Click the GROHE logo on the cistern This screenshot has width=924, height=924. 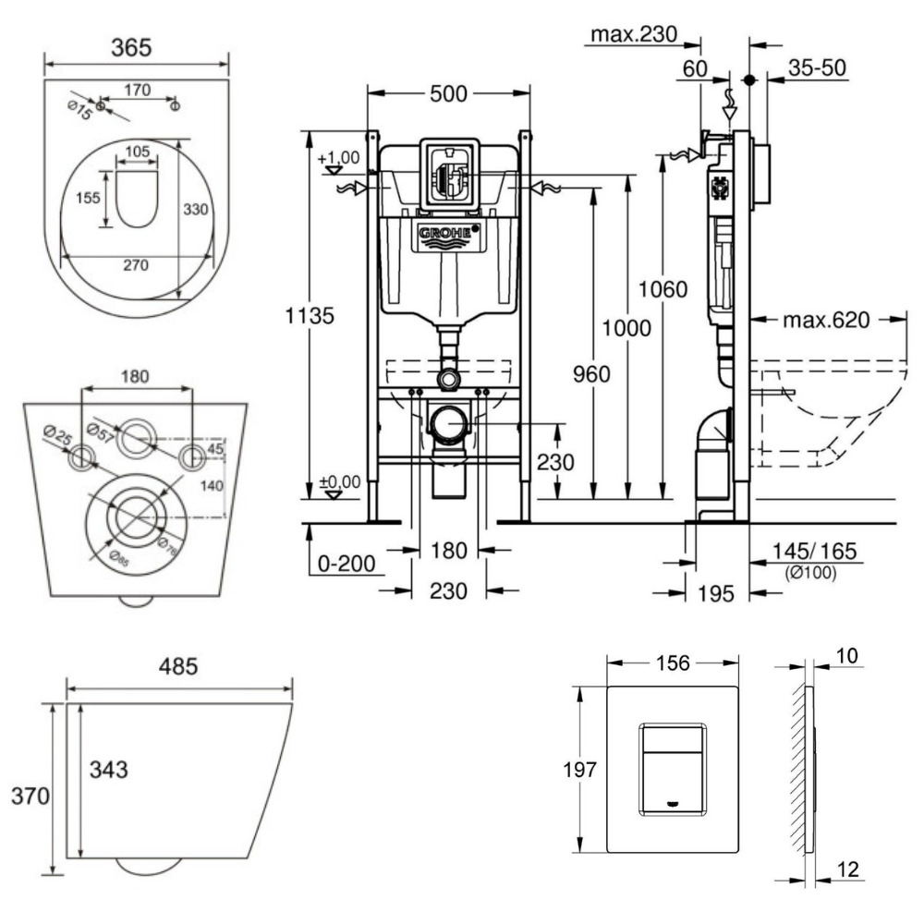(450, 236)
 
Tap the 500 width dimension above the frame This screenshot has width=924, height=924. (449, 93)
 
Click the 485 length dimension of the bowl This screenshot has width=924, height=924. (179, 666)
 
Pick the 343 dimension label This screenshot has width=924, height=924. (108, 768)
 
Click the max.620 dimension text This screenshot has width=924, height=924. (827, 321)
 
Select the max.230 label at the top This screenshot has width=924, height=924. (634, 36)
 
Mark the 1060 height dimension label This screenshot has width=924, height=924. (663, 289)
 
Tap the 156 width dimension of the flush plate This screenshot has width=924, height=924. (671, 663)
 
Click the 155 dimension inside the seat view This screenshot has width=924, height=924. (89, 198)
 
